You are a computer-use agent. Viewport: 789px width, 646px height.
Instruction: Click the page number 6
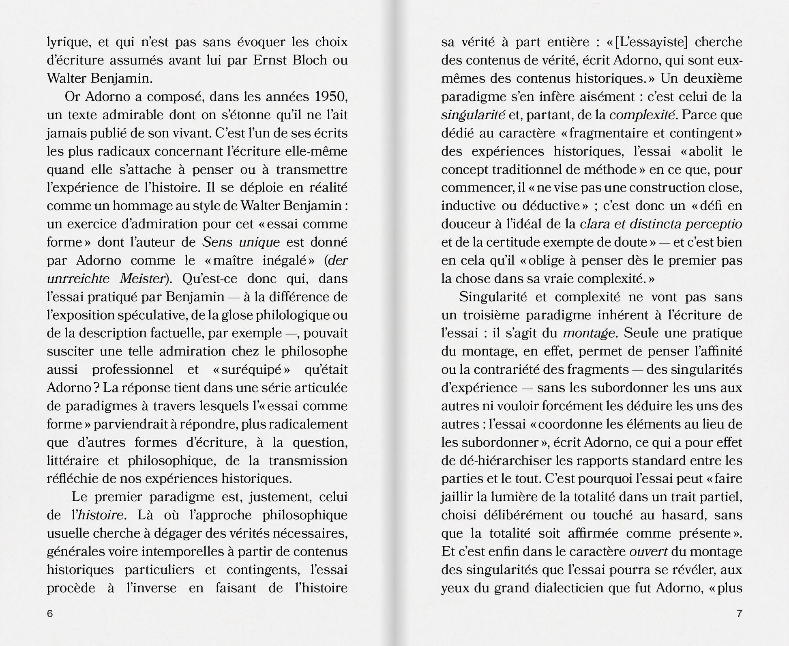[x=50, y=614]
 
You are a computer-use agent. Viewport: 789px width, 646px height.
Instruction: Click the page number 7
[x=739, y=614]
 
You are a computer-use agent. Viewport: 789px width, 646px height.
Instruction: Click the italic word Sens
[x=217, y=242]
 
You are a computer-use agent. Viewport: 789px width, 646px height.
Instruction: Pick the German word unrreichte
[x=78, y=278]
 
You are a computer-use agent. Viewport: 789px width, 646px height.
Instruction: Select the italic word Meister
[x=143, y=278]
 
